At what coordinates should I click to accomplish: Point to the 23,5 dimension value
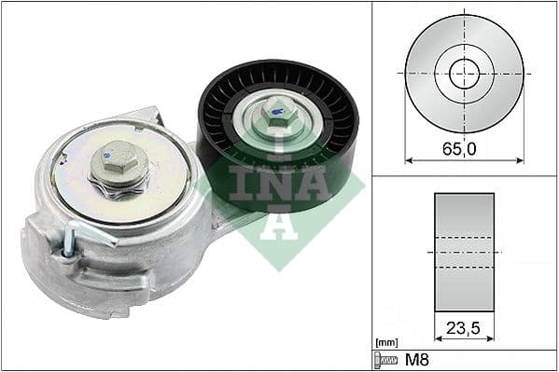(464, 328)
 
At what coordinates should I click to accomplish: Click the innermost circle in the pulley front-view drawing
(464, 73)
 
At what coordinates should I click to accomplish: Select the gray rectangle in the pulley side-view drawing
(464, 252)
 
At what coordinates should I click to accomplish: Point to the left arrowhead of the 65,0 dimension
(409, 160)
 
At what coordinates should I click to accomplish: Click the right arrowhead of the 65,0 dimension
(520, 160)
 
